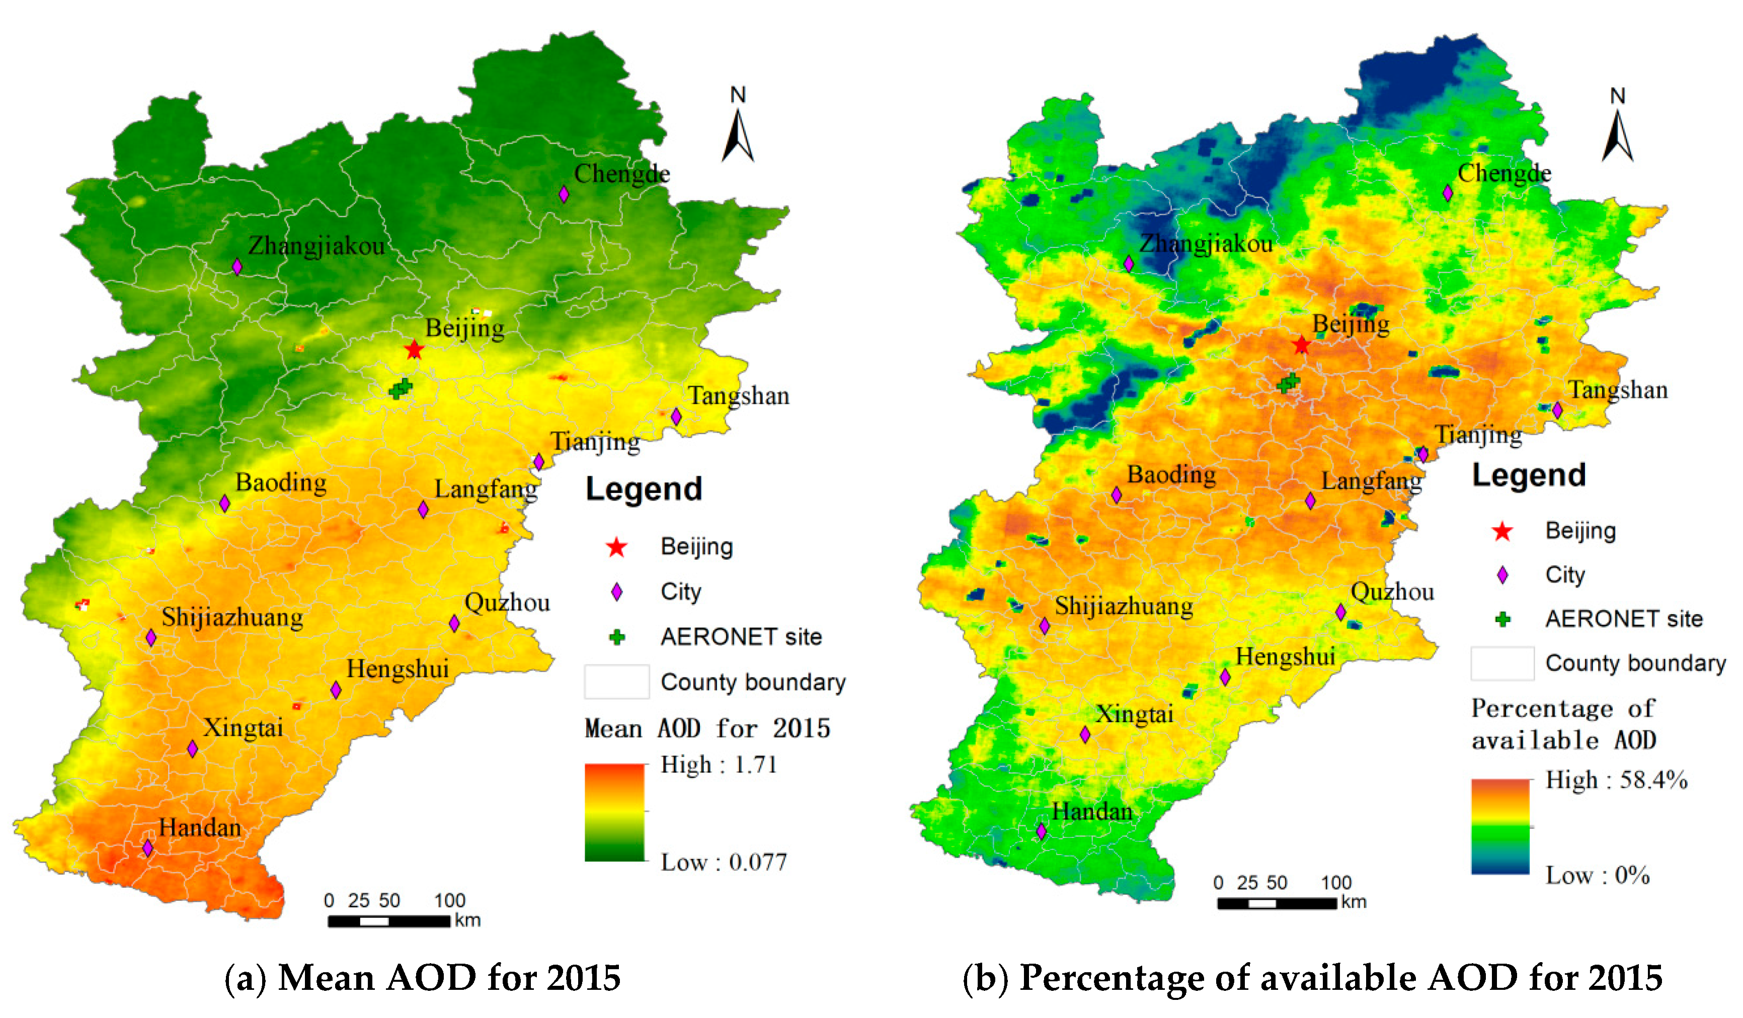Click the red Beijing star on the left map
(414, 350)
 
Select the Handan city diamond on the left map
(147, 847)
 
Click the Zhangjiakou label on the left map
(316, 245)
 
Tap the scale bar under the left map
(389, 920)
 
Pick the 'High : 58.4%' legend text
(1616, 780)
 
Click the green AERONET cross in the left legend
(617, 637)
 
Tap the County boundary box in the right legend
(1501, 663)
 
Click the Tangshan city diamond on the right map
(1557, 410)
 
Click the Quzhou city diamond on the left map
(454, 623)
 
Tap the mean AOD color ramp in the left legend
(614, 813)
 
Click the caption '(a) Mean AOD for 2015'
(422, 978)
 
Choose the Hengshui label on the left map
(397, 669)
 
